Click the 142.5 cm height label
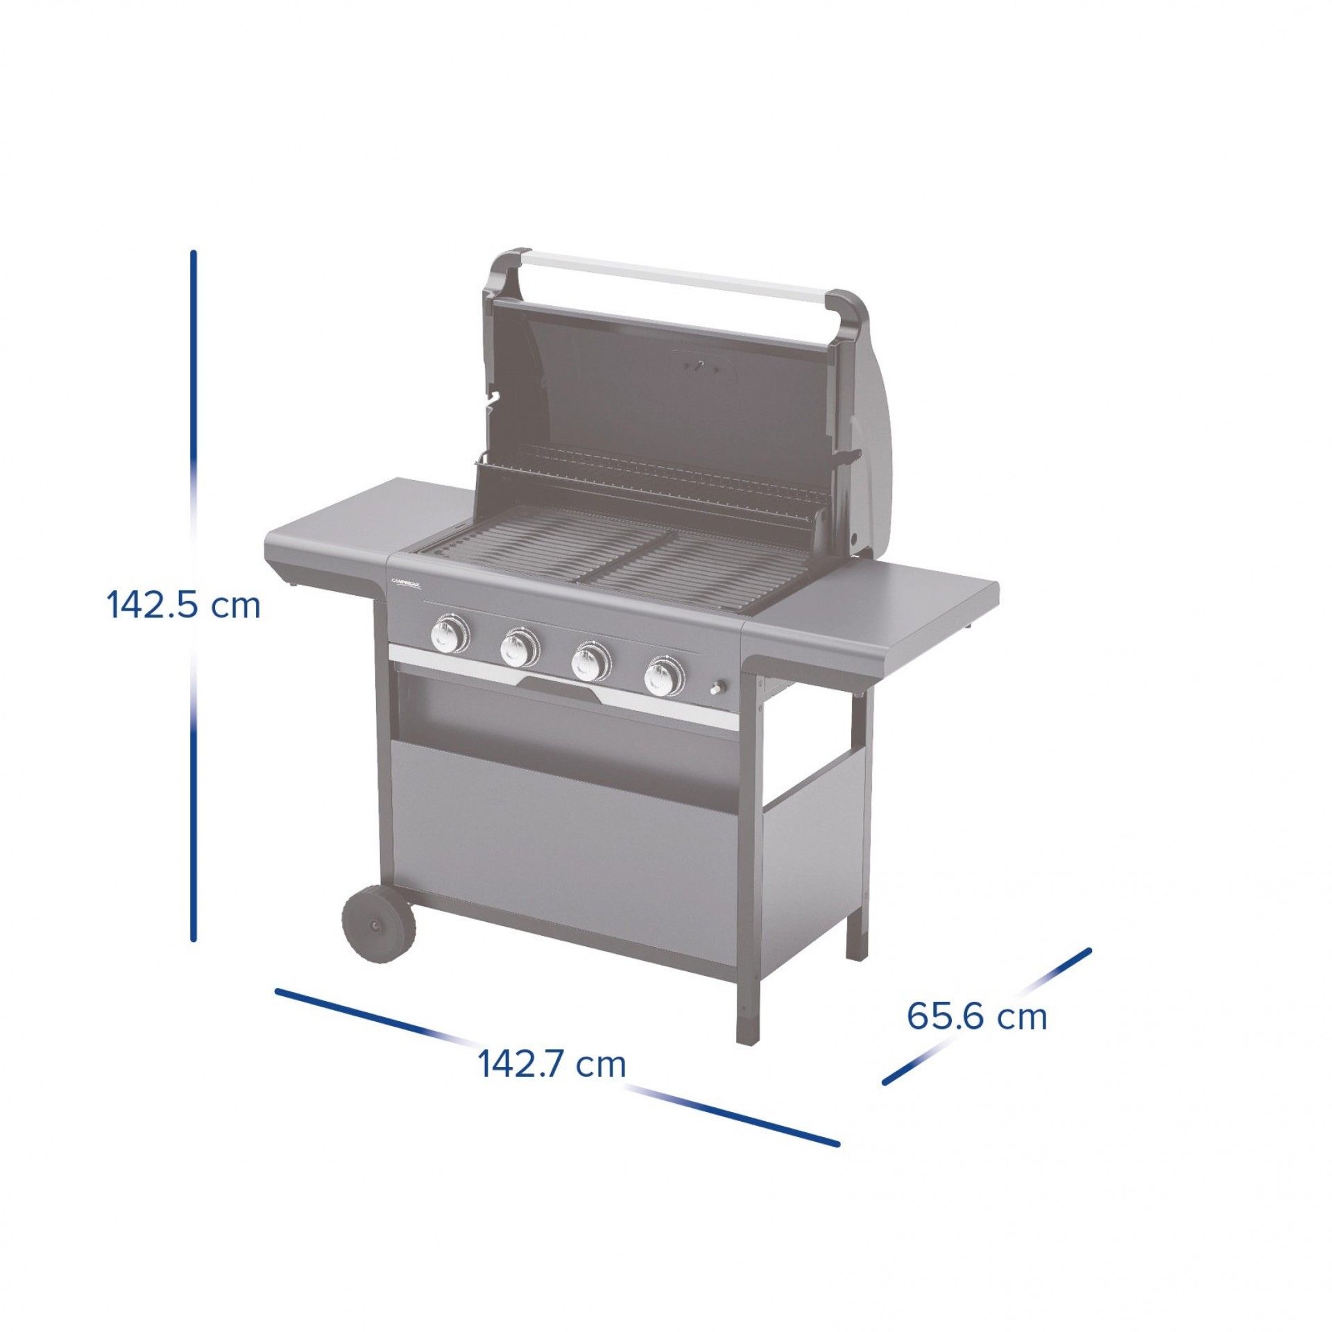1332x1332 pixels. click(x=183, y=606)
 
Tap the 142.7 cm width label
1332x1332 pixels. click(x=552, y=1064)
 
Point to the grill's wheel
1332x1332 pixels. click(x=378, y=925)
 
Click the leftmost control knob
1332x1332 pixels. click(x=449, y=634)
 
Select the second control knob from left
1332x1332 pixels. click(x=519, y=648)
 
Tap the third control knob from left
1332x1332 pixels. click(x=590, y=662)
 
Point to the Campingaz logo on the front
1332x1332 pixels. click(x=407, y=584)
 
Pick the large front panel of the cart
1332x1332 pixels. click(x=562, y=839)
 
